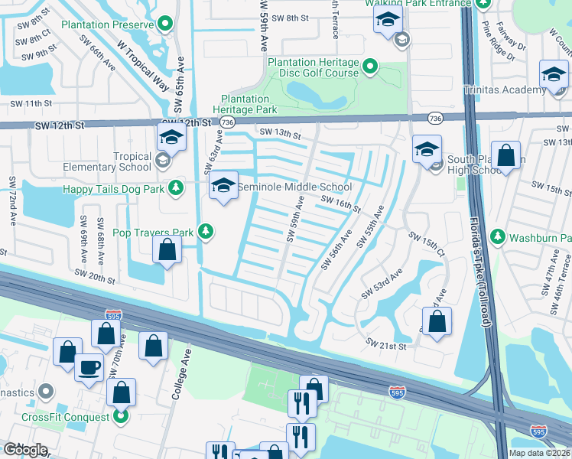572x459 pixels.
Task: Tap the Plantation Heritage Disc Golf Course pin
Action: coord(371,67)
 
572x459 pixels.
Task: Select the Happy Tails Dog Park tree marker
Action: coord(177,187)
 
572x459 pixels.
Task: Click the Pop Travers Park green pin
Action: coord(205,230)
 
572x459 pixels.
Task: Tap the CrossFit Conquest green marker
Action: coord(120,416)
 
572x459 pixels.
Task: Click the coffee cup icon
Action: coord(89,368)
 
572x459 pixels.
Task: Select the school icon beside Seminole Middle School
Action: coord(223,186)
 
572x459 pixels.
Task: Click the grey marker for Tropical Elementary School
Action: coord(162,161)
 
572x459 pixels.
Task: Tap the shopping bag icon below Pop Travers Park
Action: coord(167,249)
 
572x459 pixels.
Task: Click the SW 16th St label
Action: coord(340,203)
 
